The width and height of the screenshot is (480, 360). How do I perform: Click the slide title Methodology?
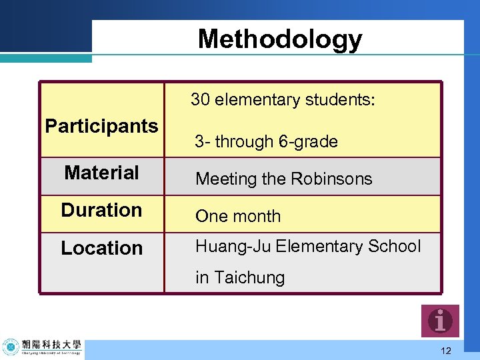(280, 39)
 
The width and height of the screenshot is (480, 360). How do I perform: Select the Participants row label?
(101, 126)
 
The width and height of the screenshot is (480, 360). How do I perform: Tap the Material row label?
(101, 173)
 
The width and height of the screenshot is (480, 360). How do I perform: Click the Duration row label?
(101, 210)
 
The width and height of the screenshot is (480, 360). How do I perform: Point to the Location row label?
(101, 248)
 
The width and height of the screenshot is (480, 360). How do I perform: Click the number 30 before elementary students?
(201, 100)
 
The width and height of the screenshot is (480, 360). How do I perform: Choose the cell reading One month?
(238, 217)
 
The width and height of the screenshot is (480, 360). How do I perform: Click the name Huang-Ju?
(233, 247)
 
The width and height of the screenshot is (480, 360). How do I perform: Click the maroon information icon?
(440, 321)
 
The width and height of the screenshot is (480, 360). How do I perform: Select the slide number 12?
(446, 351)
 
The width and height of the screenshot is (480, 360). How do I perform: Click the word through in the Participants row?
(244, 142)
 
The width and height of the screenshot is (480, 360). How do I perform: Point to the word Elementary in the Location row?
(318, 246)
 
